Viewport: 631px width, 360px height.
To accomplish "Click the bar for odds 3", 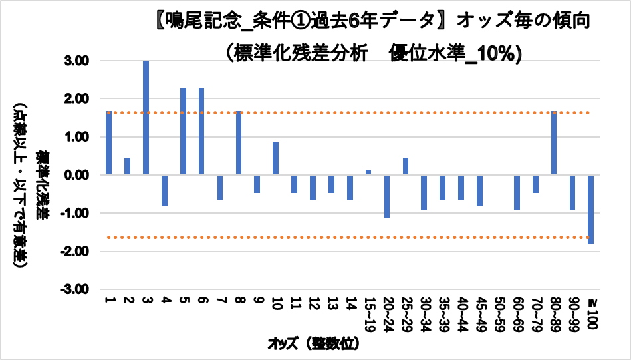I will pos(146,118).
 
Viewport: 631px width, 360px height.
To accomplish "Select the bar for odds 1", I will pos(108,143).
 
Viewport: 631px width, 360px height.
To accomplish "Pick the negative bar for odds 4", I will pos(164,190).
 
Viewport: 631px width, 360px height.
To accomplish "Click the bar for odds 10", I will pos(275,158).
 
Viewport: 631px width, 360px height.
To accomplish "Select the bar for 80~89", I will pos(553,143).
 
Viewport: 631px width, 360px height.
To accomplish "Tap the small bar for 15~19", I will pos(368,172).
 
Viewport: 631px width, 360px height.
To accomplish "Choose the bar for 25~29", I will pos(405,167).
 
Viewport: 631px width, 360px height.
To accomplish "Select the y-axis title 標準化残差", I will pos(42,188).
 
